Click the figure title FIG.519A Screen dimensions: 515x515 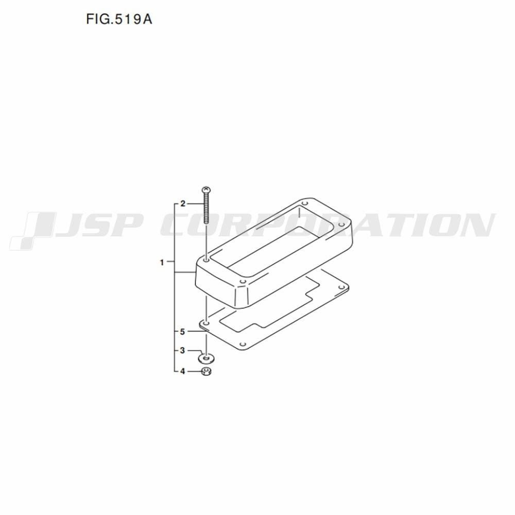click(119, 20)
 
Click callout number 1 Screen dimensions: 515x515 click(162, 263)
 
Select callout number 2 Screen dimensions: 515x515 click(183, 204)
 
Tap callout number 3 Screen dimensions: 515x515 click(183, 350)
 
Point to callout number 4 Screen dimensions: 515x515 click(183, 371)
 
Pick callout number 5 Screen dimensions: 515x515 click(183, 332)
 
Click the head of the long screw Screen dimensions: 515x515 click(206, 190)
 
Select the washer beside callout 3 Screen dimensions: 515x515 click(206, 358)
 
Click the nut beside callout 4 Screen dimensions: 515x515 click(207, 372)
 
